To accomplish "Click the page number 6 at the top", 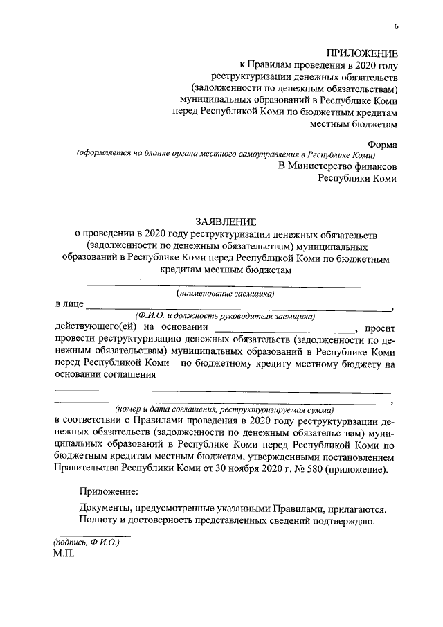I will click(397, 26).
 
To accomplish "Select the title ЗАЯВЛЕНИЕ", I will click(226, 221).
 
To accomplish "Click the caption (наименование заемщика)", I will click(225, 293).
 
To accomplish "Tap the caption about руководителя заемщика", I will click(225, 316).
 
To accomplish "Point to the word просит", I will click(379, 328).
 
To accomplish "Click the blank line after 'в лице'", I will click(239, 308).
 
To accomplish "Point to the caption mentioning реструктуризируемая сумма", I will click(225, 409).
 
